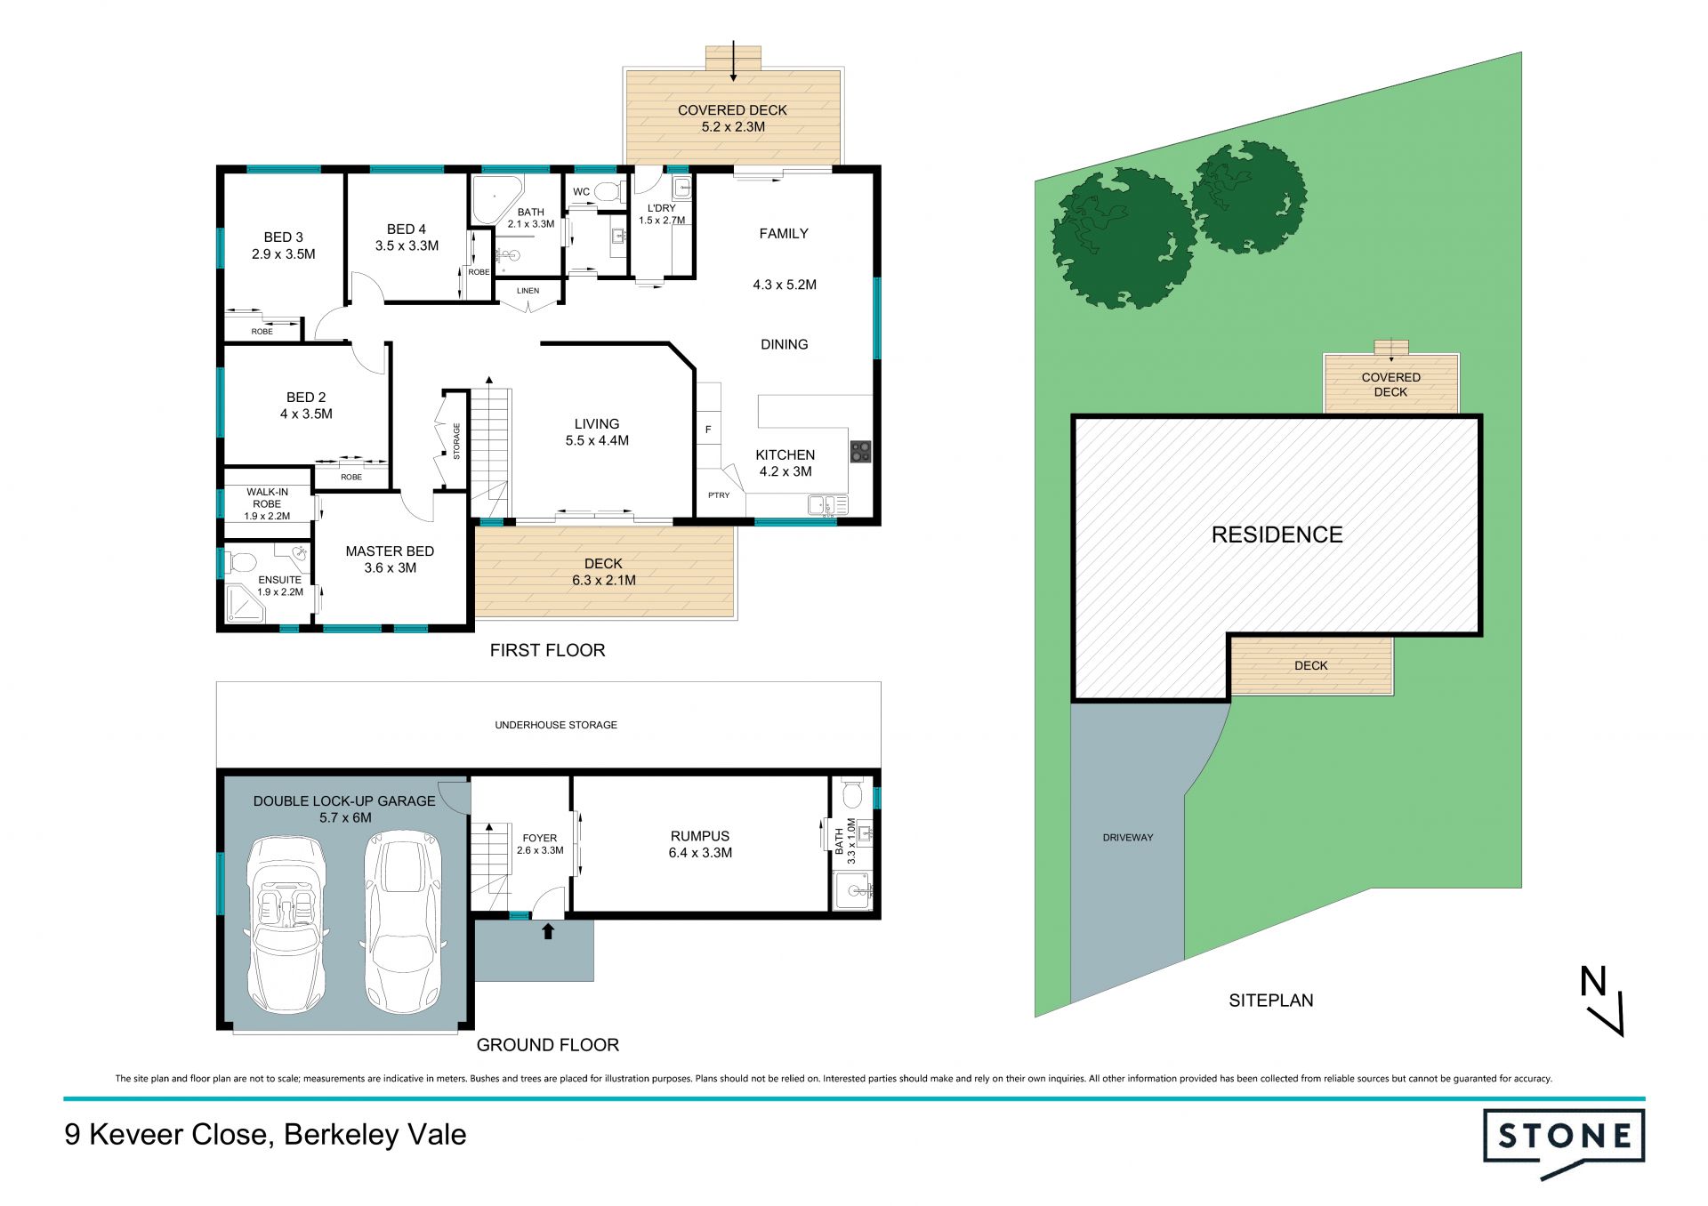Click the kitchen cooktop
(x=859, y=451)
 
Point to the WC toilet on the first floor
(x=609, y=191)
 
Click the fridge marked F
(x=708, y=430)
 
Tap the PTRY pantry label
(x=719, y=495)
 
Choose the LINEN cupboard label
(x=528, y=291)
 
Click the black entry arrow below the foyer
(x=548, y=931)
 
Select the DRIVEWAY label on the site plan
(x=1128, y=838)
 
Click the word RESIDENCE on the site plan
(x=1277, y=535)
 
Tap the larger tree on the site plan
(x=1123, y=239)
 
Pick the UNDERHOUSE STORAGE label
(x=556, y=725)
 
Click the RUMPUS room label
(x=700, y=836)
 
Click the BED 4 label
(x=407, y=229)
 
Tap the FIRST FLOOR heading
(x=547, y=650)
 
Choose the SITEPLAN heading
(x=1270, y=1001)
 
